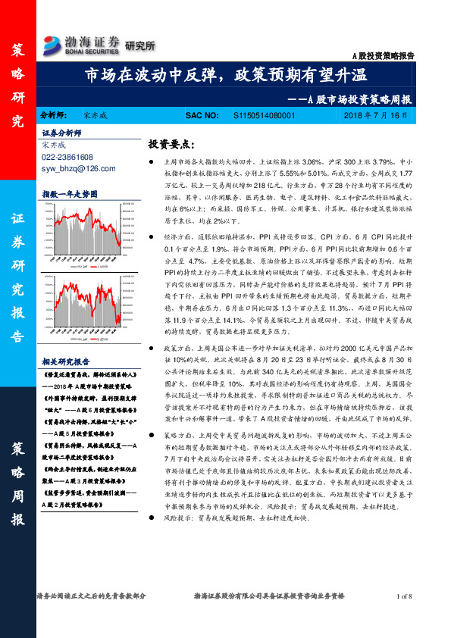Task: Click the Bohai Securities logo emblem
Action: point(53,42)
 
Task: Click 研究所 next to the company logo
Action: point(139,46)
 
